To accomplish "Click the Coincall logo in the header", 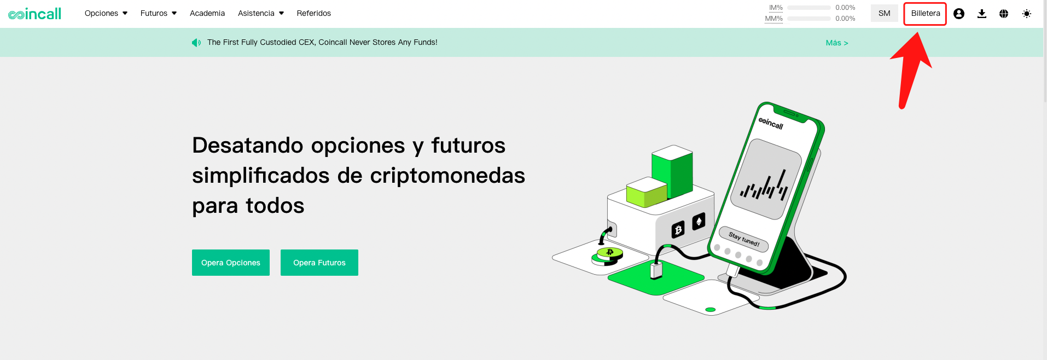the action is tap(34, 14).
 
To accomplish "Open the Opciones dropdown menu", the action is tap(106, 13).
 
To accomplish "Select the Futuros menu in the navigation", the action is tap(159, 13).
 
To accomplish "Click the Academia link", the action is tap(207, 13).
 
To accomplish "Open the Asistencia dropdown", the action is tap(261, 13).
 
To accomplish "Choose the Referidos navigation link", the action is tap(314, 13).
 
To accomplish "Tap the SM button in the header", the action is tap(885, 13).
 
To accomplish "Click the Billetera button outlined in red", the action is tap(926, 14).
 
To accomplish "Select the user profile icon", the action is tap(959, 14).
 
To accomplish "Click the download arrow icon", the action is tap(982, 14).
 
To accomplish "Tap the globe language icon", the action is tap(1004, 14).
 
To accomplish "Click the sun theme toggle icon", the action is tap(1027, 14).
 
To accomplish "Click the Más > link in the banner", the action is tap(837, 43).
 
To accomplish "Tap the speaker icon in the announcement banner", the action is tap(196, 43).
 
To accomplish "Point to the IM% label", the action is tap(776, 8).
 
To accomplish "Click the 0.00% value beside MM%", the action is tap(845, 19).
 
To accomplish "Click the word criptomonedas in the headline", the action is tap(447, 176).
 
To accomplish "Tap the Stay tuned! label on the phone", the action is tap(744, 239).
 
